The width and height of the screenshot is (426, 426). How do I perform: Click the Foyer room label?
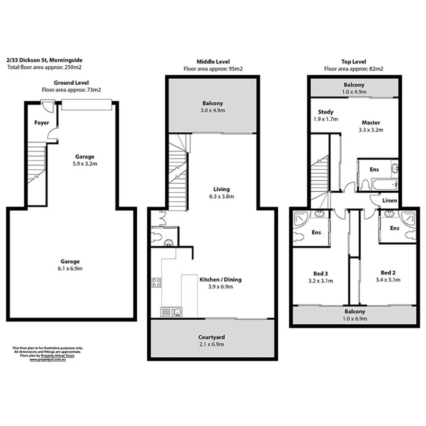(x=42, y=123)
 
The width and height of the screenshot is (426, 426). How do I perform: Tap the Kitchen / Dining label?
(x=220, y=279)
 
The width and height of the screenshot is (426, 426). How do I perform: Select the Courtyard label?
(x=211, y=337)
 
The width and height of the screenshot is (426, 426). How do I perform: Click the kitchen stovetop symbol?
(x=157, y=283)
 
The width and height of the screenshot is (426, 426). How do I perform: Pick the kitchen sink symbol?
(x=171, y=311)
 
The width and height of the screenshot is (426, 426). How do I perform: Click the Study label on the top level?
(x=325, y=112)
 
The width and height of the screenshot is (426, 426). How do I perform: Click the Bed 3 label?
(x=320, y=273)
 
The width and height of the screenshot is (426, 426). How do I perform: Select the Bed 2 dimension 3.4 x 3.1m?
(x=388, y=280)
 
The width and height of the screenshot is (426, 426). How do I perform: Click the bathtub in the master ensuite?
(x=384, y=185)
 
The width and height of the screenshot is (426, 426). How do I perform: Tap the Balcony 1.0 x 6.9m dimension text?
(x=355, y=319)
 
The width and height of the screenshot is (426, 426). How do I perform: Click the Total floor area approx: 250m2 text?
(x=37, y=67)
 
